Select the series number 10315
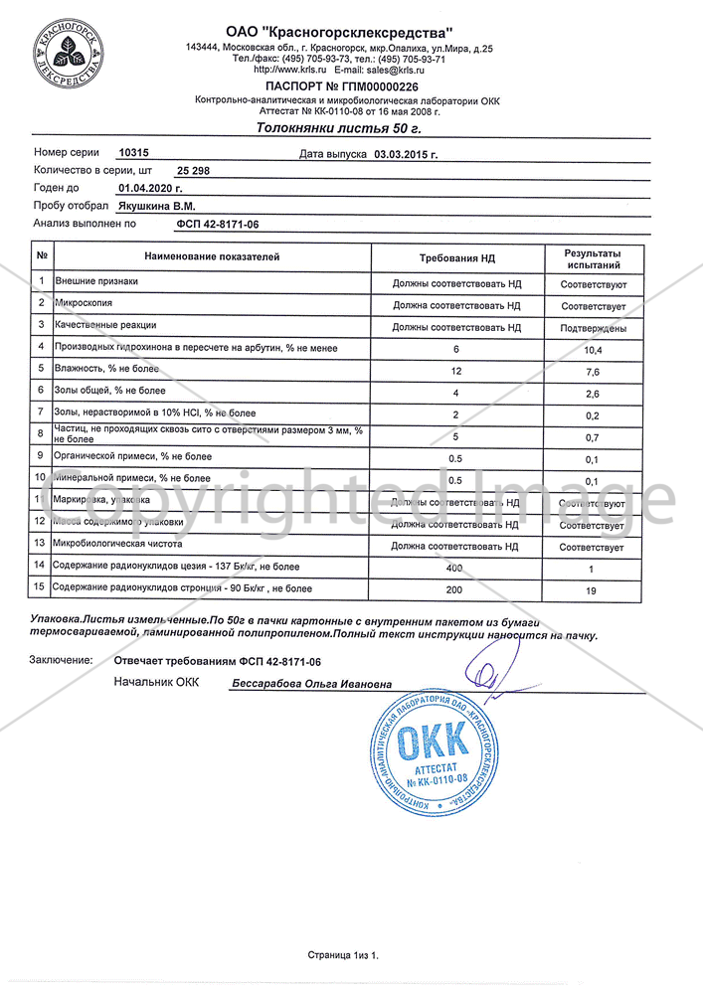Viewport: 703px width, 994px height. coord(132,153)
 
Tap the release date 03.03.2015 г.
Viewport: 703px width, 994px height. coord(406,154)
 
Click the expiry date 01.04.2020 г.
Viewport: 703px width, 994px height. coord(150,188)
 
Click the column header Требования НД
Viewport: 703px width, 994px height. coord(456,257)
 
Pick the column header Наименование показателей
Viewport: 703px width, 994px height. coord(212,257)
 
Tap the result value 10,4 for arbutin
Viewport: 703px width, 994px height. coord(593,350)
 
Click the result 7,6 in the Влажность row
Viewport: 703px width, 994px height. coord(593,373)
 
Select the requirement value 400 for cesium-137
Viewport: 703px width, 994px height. coord(456,568)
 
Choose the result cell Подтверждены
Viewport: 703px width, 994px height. coord(593,328)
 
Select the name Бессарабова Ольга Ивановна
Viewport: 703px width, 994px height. coord(311,684)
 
